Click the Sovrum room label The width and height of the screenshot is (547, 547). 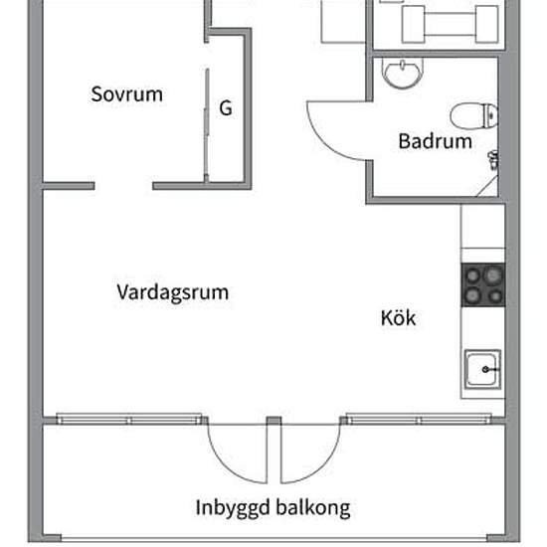click(126, 94)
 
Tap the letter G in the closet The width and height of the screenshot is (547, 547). click(226, 107)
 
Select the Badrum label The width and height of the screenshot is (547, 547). click(435, 141)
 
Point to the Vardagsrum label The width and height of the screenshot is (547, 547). click(173, 292)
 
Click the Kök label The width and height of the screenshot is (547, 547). click(398, 318)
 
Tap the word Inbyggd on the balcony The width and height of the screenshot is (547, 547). click(233, 508)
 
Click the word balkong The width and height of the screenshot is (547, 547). click(313, 508)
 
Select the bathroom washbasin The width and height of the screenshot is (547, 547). click(403, 73)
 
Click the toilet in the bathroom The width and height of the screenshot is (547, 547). click(473, 115)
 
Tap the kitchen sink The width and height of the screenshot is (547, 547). click(482, 369)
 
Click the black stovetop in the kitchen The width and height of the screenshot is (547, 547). click(483, 285)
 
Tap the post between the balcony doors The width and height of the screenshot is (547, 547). click(273, 421)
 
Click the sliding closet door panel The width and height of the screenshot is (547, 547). click(207, 124)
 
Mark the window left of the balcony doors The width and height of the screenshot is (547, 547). click(129, 419)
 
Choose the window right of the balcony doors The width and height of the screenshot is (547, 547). click(419, 419)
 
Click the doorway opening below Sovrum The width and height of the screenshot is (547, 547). click(123, 186)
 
